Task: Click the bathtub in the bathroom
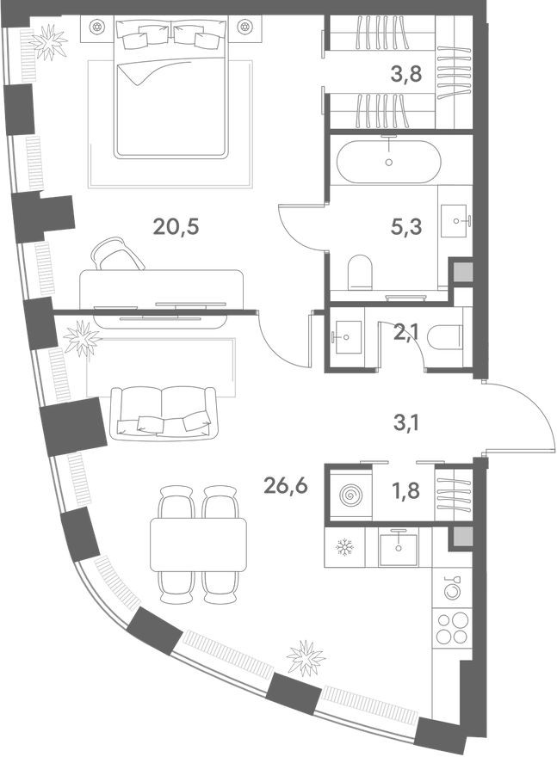(389, 162)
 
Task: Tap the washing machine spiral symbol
(350, 496)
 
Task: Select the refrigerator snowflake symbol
(344, 546)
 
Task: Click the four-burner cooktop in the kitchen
(451, 626)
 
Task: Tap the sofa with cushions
(164, 411)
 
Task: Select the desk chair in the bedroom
(116, 254)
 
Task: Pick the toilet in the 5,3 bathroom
(358, 274)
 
